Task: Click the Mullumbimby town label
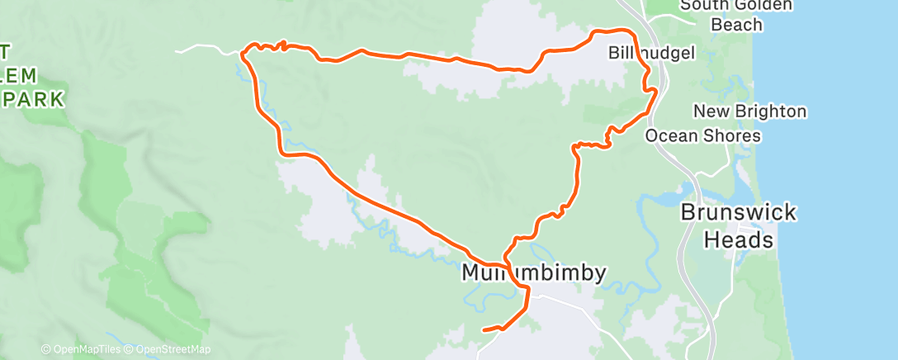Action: click(534, 272)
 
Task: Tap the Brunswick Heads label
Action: click(739, 226)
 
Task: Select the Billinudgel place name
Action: click(652, 53)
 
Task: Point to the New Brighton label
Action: click(749, 111)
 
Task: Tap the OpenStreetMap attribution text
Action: click(168, 350)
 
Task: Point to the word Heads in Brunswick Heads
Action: click(739, 240)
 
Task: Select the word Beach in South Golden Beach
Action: click(737, 25)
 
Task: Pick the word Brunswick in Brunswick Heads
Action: click(739, 212)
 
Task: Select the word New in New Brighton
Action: click(711, 111)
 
